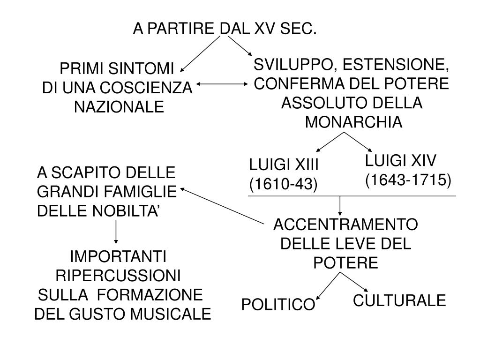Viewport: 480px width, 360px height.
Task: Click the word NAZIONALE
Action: click(120, 107)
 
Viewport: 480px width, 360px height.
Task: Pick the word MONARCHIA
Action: click(353, 122)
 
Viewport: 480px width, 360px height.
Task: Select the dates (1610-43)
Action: click(283, 185)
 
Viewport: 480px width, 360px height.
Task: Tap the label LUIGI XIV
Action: click(401, 161)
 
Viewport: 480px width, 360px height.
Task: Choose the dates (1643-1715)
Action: click(408, 180)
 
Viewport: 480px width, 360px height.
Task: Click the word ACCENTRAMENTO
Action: click(345, 225)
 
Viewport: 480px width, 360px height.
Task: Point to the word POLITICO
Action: click(278, 305)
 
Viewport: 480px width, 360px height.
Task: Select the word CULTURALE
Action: click(399, 300)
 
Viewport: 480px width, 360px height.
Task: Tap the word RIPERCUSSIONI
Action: click(118, 275)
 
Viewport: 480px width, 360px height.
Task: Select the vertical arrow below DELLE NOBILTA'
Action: click(116, 232)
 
